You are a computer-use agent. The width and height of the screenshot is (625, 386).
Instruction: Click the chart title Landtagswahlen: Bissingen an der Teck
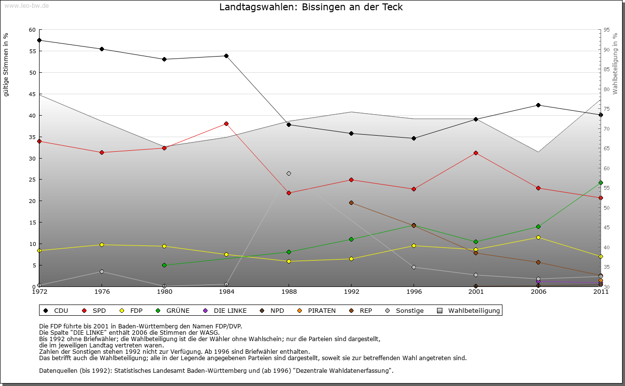tap(311, 7)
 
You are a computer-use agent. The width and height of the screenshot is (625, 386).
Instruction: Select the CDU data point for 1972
tap(39, 41)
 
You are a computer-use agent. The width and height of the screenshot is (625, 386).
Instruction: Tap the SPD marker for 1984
tap(227, 124)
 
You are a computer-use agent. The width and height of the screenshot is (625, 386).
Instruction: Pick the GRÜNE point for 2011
tap(601, 183)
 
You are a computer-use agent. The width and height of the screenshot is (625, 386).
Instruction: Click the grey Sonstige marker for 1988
tap(289, 174)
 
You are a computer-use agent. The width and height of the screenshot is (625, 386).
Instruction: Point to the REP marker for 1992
tap(351, 203)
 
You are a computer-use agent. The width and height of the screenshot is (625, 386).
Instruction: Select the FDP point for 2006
tap(538, 238)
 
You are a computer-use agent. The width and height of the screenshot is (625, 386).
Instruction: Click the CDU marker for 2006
tap(538, 105)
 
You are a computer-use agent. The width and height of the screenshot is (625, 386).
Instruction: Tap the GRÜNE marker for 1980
tap(164, 265)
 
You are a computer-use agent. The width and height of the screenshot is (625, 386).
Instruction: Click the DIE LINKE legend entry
tap(225, 310)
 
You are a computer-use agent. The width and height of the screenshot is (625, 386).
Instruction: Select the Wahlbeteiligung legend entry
tap(469, 310)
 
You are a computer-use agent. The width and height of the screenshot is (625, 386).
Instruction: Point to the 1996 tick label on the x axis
tap(414, 292)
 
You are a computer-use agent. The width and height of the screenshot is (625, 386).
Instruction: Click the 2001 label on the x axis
tap(476, 292)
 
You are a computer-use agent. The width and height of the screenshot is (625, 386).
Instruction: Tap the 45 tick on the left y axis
tap(33, 94)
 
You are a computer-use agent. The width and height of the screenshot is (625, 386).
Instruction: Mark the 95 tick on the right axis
tap(606, 30)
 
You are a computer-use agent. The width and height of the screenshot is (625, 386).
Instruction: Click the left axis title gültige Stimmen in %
tap(6, 65)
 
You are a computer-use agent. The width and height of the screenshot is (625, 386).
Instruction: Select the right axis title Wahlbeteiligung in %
tap(615, 63)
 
